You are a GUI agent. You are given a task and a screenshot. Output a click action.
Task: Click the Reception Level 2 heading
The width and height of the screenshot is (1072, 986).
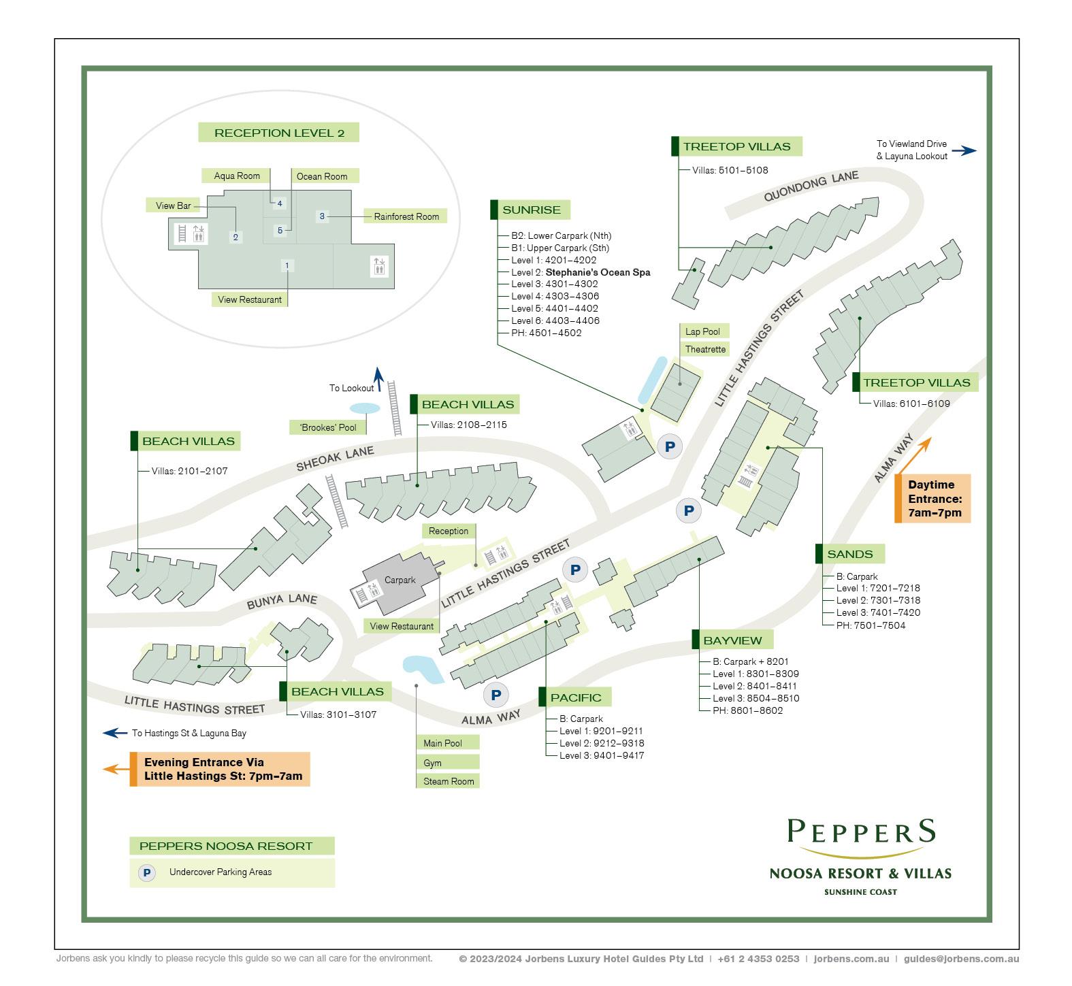pos(278,133)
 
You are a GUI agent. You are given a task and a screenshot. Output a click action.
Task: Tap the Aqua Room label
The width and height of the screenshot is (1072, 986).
pos(236,176)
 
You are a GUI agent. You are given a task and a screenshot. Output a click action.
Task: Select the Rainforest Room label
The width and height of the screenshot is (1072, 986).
pos(406,216)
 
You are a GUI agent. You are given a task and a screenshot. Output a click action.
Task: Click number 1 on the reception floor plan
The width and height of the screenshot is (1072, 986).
pos(287,265)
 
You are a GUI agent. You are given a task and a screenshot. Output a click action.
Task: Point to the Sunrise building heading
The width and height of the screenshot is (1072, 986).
pos(531,210)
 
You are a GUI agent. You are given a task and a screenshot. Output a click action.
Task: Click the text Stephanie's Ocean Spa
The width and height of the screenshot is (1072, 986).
pos(598,272)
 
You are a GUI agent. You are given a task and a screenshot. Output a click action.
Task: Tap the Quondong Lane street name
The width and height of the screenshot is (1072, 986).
pos(811,186)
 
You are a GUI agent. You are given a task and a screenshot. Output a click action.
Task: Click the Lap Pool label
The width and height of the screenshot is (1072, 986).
pos(702,331)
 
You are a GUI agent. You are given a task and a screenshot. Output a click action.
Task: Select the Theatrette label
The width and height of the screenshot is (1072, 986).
pos(705,349)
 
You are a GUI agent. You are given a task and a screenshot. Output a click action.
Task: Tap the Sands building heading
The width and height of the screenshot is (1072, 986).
pos(849,554)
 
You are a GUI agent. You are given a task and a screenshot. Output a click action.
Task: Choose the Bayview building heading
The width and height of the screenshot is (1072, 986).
pos(732,640)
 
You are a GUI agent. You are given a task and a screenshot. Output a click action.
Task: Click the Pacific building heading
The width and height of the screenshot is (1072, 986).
pos(575,697)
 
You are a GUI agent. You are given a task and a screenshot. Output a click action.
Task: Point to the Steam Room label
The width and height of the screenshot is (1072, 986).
pos(448,781)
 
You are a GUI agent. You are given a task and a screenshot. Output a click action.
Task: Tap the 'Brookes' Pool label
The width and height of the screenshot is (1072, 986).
pos(327,427)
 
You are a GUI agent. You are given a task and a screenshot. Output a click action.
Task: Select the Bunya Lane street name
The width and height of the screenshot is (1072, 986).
pos(281,601)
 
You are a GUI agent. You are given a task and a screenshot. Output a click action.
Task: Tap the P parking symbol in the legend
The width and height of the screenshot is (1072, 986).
pos(146,872)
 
